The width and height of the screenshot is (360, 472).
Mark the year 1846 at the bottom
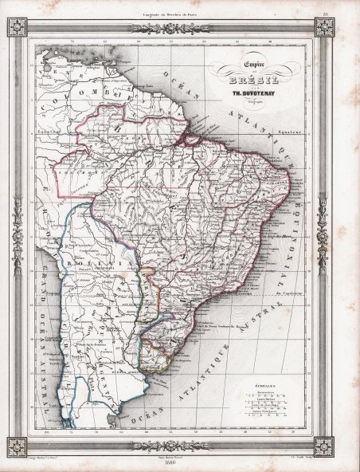pos(179,466)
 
